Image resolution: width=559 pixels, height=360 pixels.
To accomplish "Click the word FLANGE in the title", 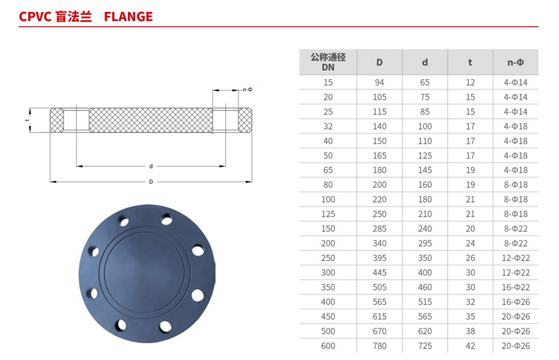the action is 128,16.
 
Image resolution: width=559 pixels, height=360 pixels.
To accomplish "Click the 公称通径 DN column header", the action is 328,62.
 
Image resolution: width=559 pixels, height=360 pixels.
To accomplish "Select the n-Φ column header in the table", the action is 516,63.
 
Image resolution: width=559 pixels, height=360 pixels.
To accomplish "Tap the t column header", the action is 470,63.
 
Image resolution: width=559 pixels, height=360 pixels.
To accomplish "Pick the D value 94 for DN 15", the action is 379,83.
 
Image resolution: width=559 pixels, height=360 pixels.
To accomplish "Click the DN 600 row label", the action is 328,346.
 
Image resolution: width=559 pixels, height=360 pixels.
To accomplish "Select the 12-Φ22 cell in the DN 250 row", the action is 516,258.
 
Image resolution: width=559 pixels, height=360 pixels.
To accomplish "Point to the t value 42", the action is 470,346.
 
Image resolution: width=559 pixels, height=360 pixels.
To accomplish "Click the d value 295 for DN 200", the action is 425,244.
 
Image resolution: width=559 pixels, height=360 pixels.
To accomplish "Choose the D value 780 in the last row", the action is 379,346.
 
